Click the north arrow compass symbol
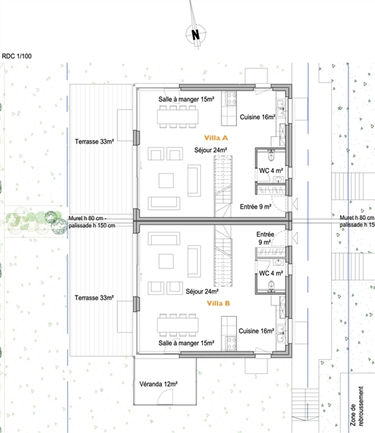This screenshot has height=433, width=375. (x=196, y=34)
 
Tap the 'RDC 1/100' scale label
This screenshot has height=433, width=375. (x=17, y=56)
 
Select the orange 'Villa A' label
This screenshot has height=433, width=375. (x=216, y=138)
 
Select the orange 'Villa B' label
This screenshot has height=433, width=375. (x=218, y=303)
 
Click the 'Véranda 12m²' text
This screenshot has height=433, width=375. (x=158, y=384)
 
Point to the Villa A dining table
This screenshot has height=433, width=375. (x=178, y=117)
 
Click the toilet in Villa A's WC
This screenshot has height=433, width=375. (x=271, y=156)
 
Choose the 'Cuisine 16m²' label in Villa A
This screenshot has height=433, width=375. (x=257, y=117)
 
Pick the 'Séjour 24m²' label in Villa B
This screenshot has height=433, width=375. (x=202, y=292)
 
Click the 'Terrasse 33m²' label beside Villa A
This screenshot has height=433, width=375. (x=94, y=141)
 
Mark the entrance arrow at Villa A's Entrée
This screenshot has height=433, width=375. (x=295, y=204)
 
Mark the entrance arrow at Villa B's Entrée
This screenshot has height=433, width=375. (x=295, y=238)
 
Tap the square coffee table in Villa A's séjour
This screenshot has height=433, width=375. (x=166, y=180)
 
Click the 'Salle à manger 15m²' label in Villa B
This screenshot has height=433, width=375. (x=186, y=343)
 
